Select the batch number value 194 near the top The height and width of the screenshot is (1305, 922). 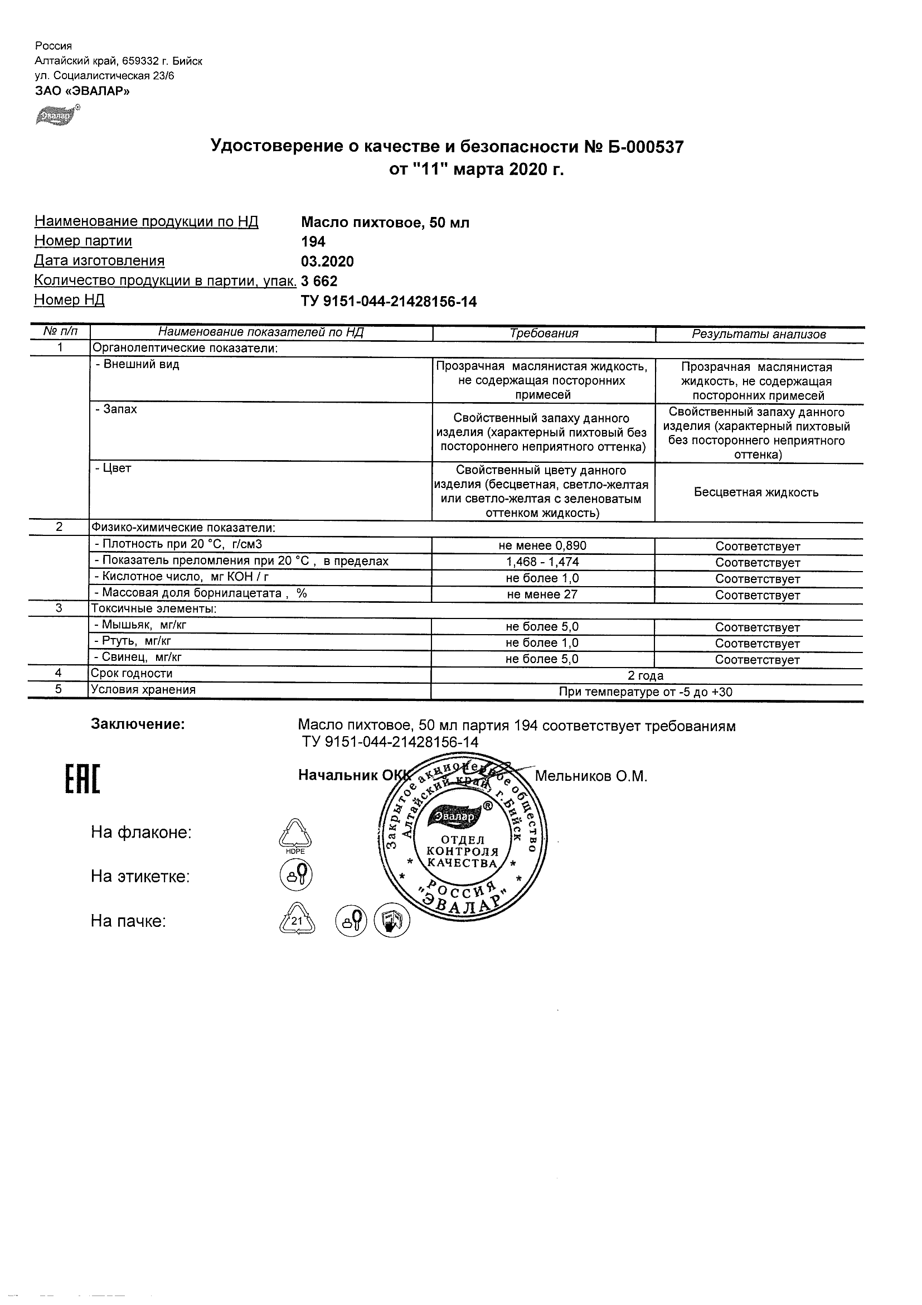(x=313, y=241)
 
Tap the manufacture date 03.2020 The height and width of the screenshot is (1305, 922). (x=327, y=262)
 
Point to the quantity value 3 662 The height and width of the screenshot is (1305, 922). (x=319, y=281)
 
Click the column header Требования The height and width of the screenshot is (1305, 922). (x=544, y=334)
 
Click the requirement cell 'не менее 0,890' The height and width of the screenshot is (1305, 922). (x=542, y=546)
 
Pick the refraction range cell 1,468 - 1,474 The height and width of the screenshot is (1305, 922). (x=542, y=562)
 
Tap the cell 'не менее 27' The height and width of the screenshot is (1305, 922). (x=542, y=594)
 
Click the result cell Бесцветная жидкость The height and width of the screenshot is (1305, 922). (x=756, y=493)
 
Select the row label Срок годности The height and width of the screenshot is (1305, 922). (x=132, y=674)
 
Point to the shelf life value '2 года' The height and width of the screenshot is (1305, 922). (x=646, y=676)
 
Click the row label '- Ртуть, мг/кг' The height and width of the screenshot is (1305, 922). (x=133, y=641)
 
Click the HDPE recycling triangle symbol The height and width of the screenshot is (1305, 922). (x=295, y=835)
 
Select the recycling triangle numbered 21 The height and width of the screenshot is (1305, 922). (x=297, y=920)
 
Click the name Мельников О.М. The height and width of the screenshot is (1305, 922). (x=591, y=776)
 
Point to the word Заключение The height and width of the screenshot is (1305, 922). (x=138, y=724)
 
